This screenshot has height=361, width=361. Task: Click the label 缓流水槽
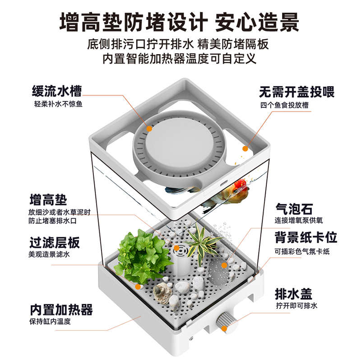click(x=57, y=92)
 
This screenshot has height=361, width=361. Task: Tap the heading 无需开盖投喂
click(x=296, y=93)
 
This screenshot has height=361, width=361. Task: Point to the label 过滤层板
click(x=55, y=243)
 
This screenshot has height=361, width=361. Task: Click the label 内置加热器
click(x=61, y=310)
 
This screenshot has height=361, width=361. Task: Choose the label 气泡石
click(x=294, y=209)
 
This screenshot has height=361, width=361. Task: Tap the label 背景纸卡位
click(x=306, y=238)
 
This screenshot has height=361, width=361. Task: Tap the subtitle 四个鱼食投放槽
click(x=287, y=105)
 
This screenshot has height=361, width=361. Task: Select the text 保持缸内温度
click(x=51, y=322)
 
